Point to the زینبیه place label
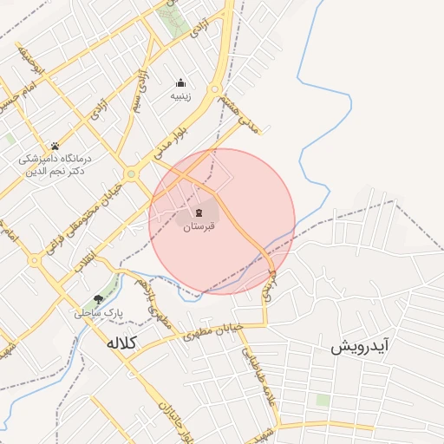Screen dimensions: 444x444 pos(181,98)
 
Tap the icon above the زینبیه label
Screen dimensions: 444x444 pos(181,83)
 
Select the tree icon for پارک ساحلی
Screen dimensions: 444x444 pos(98,297)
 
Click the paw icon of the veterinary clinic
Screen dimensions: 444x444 pos(55,146)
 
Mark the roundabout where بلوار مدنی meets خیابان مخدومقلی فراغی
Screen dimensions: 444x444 pos(131,173)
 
